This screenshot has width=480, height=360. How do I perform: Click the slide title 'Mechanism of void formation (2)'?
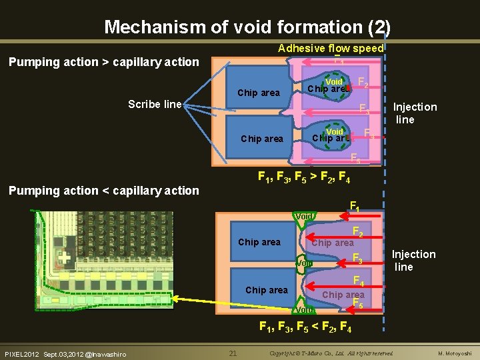click(x=247, y=27)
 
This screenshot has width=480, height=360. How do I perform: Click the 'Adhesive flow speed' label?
click(x=331, y=48)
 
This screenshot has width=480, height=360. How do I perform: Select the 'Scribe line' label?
click(x=155, y=104)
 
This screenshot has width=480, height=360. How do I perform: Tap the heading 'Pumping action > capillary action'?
click(x=103, y=62)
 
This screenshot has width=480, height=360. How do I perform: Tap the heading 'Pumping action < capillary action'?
click(x=103, y=191)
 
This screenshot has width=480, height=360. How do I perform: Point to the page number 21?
click(x=233, y=353)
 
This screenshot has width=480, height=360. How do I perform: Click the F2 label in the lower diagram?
click(x=357, y=231)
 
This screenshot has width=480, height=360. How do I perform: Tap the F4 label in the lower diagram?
click(x=357, y=281)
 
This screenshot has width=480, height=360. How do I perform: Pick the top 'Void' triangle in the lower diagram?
click(x=304, y=216)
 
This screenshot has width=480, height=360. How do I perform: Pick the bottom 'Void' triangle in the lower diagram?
click(x=305, y=309)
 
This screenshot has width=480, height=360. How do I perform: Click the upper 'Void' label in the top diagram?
click(x=334, y=82)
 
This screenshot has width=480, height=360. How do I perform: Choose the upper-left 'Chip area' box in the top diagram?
click(x=259, y=93)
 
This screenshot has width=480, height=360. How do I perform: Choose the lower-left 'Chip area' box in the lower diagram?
click(x=266, y=290)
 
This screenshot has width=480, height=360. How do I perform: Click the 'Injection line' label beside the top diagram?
click(x=415, y=113)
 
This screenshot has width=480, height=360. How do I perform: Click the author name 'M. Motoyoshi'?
click(x=454, y=353)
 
